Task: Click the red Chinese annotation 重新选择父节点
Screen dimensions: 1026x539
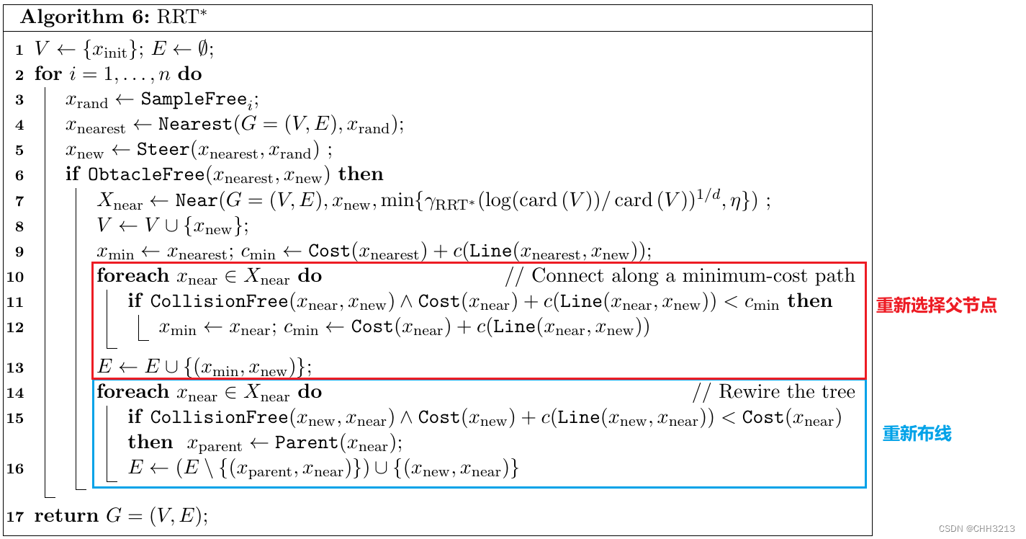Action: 936,305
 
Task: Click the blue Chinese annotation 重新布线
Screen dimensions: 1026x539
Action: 917,434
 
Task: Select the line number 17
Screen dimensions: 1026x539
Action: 16,517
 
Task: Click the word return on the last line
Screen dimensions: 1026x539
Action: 66,516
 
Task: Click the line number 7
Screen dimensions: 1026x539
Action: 19,201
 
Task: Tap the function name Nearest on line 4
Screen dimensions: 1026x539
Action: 195,124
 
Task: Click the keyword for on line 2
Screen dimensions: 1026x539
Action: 48,74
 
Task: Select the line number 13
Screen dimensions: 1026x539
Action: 16,368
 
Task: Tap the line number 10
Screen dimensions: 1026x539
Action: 16,277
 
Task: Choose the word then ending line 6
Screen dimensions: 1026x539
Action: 361,174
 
